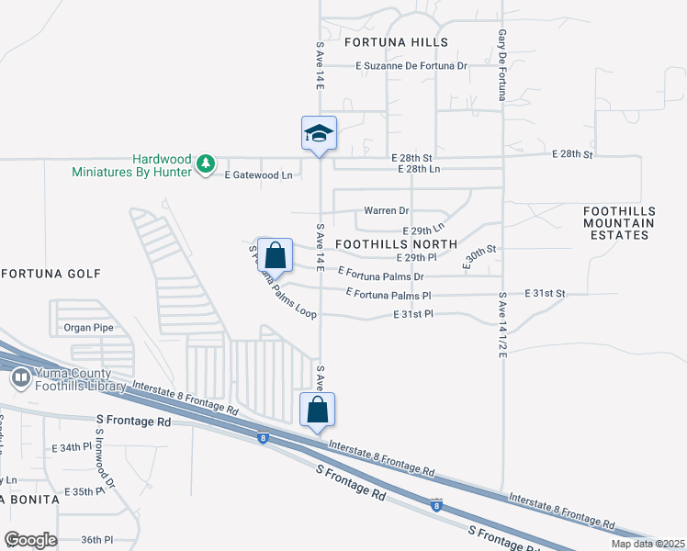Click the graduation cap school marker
319,134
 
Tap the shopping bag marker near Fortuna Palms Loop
275,255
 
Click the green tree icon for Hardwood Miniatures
207,163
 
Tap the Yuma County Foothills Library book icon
19,377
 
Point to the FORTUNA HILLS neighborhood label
396,42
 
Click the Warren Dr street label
386,210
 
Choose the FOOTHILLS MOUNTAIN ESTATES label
619,223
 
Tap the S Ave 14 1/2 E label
502,331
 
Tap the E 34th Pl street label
74,447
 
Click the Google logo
30,540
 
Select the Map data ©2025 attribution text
648,544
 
